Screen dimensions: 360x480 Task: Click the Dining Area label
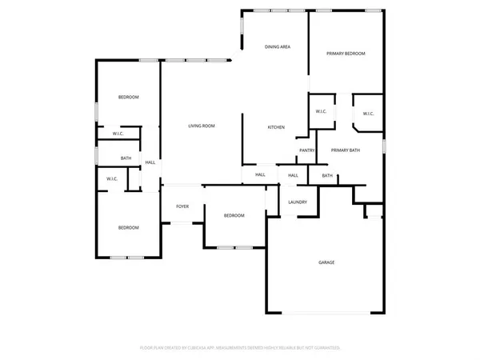point(277,47)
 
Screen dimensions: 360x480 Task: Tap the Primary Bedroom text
point(346,53)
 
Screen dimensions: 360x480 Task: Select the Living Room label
point(202,126)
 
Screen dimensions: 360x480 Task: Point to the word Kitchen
point(276,128)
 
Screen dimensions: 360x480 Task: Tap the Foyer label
point(182,206)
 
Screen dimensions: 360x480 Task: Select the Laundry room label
point(298,202)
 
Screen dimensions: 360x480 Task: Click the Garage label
point(326,262)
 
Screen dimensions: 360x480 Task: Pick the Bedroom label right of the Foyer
point(234,215)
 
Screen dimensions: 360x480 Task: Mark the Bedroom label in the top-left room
point(129,97)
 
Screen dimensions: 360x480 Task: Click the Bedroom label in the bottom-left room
point(129,228)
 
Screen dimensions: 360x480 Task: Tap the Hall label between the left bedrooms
point(150,163)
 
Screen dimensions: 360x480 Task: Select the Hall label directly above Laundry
point(293,175)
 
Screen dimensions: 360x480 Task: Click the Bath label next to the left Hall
point(126,158)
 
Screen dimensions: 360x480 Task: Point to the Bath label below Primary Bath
point(327,175)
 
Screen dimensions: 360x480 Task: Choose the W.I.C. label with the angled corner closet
point(368,114)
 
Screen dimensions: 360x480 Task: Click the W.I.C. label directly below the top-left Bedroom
point(118,133)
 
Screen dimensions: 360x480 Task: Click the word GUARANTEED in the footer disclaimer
point(325,348)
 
